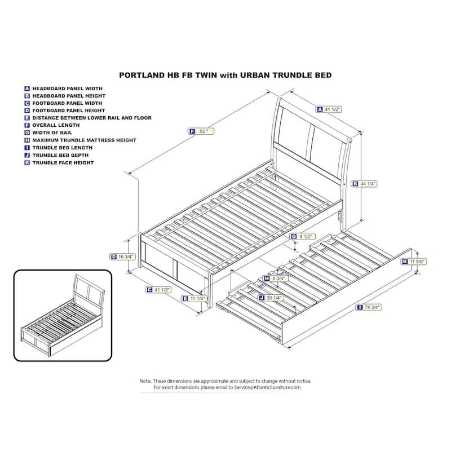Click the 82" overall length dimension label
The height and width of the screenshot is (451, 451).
coord(201,131)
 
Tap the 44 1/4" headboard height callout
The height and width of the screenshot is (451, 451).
coord(364,184)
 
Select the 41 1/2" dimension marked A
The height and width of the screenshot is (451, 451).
coord(329,109)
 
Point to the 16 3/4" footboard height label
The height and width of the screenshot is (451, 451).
coord(122,257)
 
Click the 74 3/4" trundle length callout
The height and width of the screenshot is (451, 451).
coord(369,307)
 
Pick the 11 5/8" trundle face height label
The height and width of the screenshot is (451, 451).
coord(414,262)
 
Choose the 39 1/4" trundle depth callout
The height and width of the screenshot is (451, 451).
coord(271,298)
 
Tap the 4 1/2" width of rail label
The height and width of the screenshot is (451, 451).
coord(303,236)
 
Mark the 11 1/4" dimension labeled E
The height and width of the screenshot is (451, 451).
coord(194,298)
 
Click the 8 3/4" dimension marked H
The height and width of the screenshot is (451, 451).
coord(275,278)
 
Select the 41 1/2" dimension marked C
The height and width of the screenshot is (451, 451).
coord(158,290)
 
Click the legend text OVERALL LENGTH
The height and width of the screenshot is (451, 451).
coord(56,125)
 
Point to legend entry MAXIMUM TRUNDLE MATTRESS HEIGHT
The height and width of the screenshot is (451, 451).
coord(84,140)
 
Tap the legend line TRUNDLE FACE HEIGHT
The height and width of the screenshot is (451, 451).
coord(63,162)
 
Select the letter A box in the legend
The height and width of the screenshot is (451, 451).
coord(27,89)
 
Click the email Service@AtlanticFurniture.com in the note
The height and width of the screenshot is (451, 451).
coord(267,387)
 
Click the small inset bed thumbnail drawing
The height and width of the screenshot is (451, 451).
coord(63,316)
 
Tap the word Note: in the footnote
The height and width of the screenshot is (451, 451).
coord(145,381)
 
